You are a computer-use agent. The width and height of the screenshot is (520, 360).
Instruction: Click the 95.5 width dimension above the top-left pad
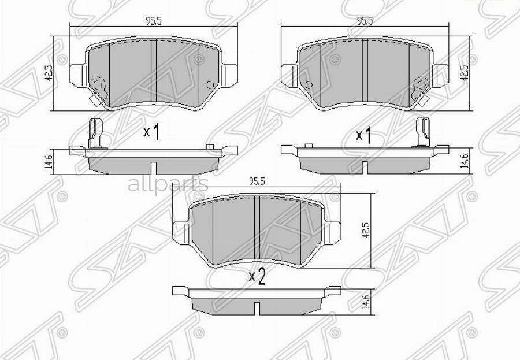pos(153,21)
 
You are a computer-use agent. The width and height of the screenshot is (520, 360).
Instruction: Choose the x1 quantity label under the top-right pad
pos(363,136)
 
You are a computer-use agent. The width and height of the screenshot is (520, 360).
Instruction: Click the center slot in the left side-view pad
pos(154,167)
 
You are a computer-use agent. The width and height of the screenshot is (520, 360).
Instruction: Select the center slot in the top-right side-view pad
pos(365,167)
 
